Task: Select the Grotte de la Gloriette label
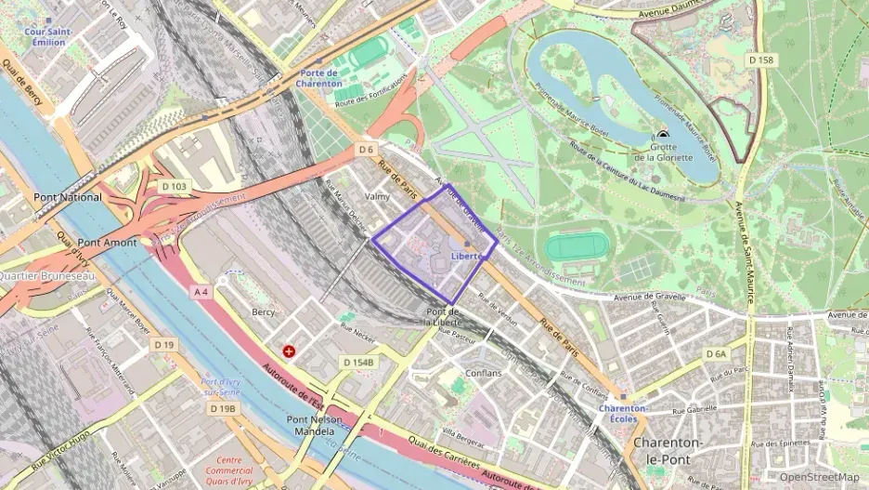tap(663, 152)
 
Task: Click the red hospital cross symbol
tap(290, 351)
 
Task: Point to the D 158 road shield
tap(761, 60)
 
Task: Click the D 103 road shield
tap(174, 187)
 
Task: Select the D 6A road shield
tap(716, 354)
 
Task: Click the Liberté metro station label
tap(466, 255)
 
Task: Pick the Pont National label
tap(68, 197)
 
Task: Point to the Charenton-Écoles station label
tap(623, 414)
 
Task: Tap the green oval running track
tap(577, 247)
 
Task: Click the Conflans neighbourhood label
tap(484, 374)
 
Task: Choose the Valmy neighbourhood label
tap(378, 197)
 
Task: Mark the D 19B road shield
tap(223, 408)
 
